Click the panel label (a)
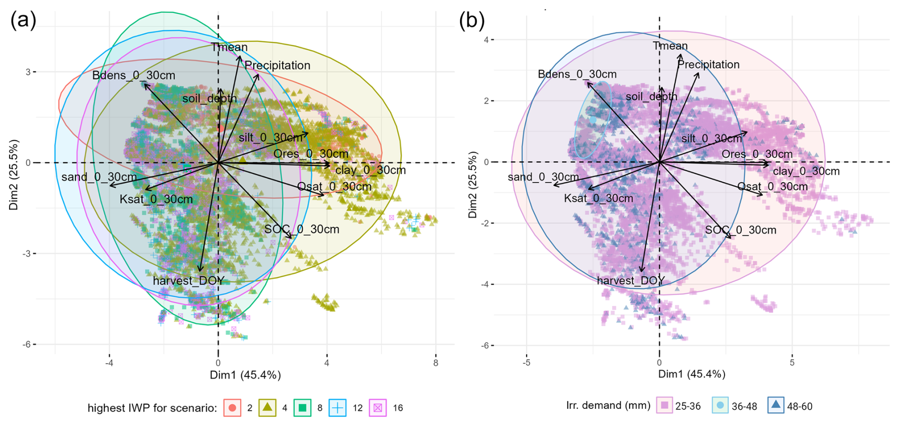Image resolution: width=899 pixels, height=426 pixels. click(23, 21)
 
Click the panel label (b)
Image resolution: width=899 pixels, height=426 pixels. click(471, 21)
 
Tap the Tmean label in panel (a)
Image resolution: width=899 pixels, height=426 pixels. click(230, 47)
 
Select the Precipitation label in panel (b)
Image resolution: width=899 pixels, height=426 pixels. click(708, 64)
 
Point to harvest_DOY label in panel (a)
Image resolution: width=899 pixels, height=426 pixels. click(189, 281)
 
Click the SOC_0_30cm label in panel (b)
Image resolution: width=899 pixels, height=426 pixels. click(740, 230)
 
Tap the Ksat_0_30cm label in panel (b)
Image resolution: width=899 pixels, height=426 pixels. click(598, 198)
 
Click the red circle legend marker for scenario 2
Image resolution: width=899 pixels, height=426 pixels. click(232, 407)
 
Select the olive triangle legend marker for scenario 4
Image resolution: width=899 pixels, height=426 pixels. click(268, 407)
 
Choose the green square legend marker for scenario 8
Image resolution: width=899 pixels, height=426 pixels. click(303, 407)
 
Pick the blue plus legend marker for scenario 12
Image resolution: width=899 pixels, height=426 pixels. click(337, 407)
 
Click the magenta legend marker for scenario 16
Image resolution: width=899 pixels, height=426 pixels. click(378, 407)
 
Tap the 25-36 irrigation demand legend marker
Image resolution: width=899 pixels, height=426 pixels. click(665, 406)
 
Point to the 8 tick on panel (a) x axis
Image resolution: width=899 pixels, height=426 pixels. click(436, 363)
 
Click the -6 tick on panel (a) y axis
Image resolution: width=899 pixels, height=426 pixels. click(28, 344)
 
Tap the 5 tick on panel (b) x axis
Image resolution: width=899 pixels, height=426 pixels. click(792, 363)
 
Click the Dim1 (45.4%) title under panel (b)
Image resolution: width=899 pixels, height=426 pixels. click(691, 374)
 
